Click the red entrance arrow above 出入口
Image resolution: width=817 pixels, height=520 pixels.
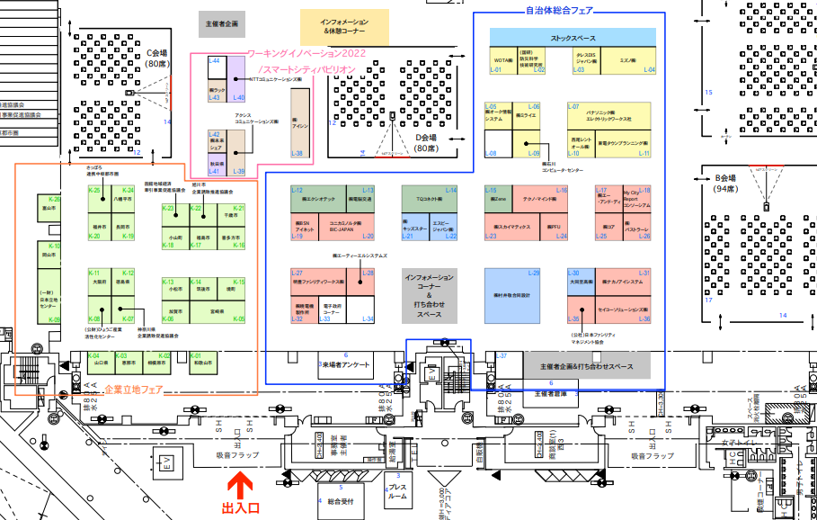239,487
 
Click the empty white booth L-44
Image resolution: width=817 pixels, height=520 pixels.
216,69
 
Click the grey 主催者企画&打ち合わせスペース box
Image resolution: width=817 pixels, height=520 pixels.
587,366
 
